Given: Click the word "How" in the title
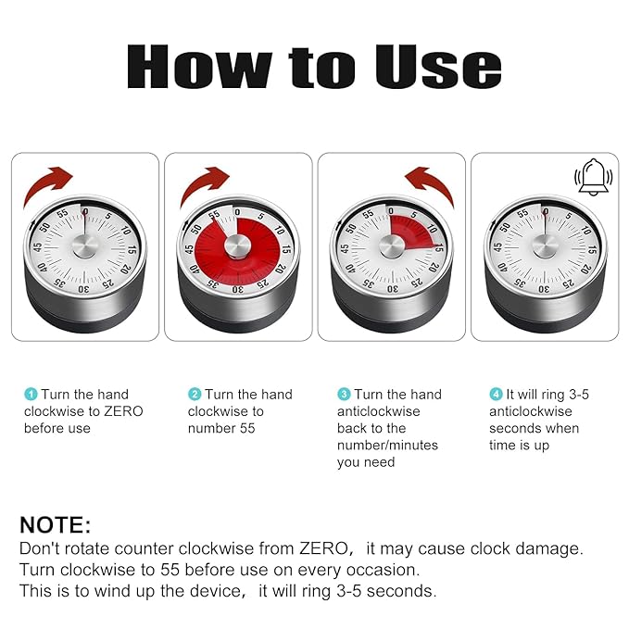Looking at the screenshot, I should tap(190, 68).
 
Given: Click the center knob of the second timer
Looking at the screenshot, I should tap(238, 247).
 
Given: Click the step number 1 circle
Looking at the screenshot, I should tap(30, 395).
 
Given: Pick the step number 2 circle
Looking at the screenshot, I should tap(195, 395).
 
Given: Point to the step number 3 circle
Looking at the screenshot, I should tap(344, 395).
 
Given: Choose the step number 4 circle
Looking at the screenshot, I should tap(496, 395).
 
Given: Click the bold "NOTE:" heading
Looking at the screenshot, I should tap(56, 525).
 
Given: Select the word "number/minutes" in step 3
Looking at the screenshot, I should tap(387, 446).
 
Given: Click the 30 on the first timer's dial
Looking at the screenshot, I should tap(83, 289).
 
